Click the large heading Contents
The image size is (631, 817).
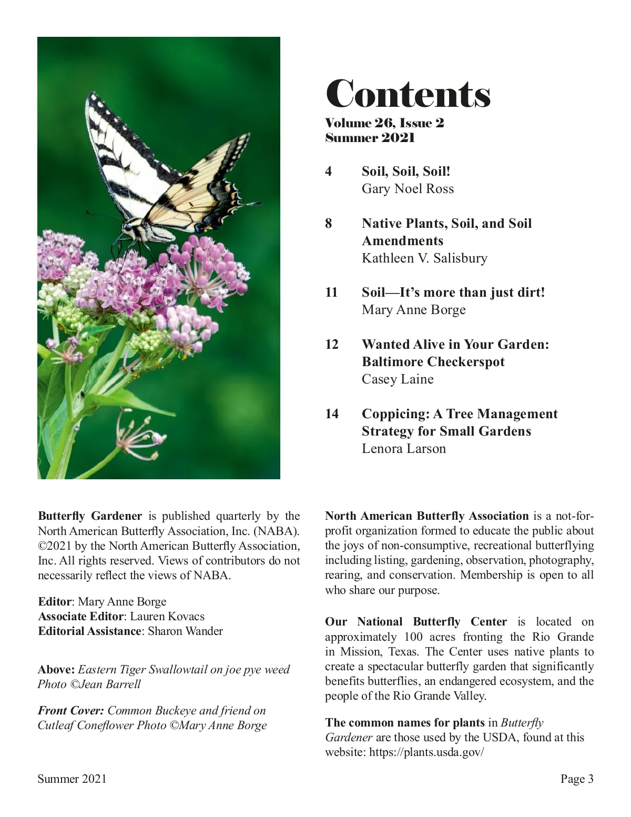tap(408, 95)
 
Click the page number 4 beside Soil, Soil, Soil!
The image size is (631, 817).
tap(329, 172)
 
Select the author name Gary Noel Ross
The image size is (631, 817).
tap(408, 189)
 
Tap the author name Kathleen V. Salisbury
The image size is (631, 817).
tap(424, 258)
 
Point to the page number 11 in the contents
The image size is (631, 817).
tap(331, 292)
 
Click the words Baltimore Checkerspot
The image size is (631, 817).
tap(433, 362)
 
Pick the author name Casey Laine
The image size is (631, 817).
tap(398, 379)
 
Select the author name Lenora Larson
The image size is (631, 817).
tap(403, 449)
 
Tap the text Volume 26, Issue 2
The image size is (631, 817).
tap(384, 123)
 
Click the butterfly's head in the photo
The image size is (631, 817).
tap(128, 228)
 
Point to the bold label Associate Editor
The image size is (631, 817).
tap(80, 617)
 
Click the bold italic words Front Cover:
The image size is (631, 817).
tap(70, 711)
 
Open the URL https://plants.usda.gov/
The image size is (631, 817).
tap(426, 752)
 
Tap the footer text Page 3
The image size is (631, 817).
tap(577, 779)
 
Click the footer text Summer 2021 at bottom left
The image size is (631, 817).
tap(72, 779)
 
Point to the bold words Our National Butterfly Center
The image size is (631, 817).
tap(416, 622)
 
